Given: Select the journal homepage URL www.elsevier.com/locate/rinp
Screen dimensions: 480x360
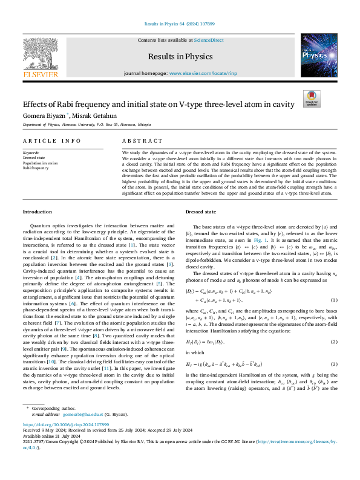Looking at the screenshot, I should click(197, 73).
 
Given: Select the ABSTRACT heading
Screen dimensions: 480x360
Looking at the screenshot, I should click(143, 141).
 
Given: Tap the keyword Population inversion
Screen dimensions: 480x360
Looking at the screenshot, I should click(41, 163).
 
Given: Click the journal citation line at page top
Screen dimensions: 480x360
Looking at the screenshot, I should click(180, 23).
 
